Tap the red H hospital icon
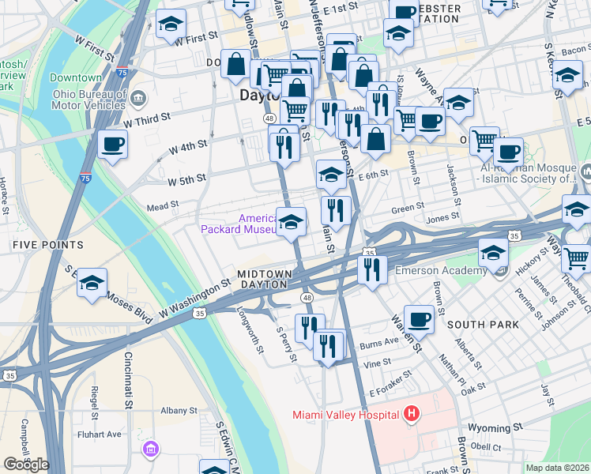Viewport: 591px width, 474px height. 411,413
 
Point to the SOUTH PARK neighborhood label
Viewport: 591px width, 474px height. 482,325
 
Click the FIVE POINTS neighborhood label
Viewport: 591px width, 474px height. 43,246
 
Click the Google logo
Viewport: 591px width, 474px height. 26,465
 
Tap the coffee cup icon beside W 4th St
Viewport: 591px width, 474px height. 113,145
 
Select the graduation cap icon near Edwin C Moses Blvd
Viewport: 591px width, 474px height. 92,283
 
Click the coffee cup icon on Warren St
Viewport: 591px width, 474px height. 419,320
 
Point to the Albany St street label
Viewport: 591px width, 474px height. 179,411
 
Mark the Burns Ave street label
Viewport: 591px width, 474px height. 378,343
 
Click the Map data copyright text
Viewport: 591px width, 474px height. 557,468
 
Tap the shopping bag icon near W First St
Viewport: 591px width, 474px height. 236,64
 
